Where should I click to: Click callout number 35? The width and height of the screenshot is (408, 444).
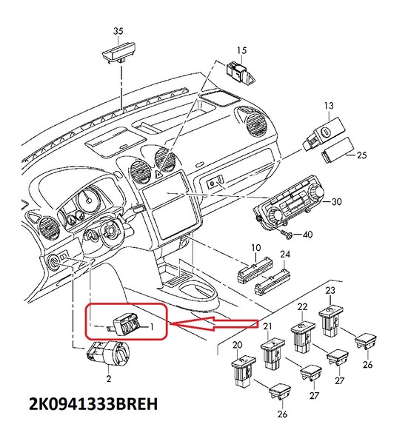click(118, 31)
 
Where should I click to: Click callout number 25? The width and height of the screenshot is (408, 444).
click(361, 155)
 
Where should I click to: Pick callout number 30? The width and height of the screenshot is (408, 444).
click(336, 201)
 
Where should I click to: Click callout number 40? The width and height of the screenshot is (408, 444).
click(308, 235)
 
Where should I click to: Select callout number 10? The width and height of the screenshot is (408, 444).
click(255, 247)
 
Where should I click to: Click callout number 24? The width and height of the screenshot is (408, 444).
click(284, 255)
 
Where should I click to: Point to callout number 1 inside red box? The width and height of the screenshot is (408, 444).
click(152, 326)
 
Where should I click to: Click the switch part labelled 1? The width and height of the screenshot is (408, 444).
click(128, 324)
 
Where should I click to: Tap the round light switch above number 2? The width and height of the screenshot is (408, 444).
click(109, 354)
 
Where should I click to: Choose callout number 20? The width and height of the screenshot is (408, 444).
click(237, 345)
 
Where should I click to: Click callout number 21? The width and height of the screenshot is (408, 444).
click(267, 327)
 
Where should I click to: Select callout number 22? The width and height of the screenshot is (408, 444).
click(302, 306)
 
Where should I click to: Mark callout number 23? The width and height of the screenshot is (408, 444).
click(330, 292)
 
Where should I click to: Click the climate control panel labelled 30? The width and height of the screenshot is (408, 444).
click(290, 203)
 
